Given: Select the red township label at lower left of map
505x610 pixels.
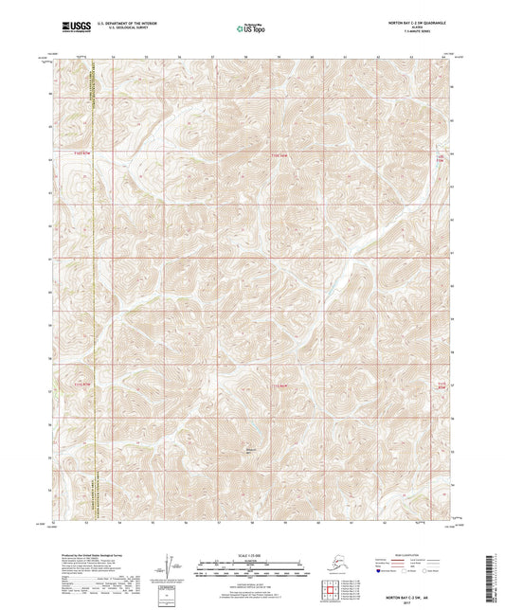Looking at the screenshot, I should pyautogui.click(x=83, y=384).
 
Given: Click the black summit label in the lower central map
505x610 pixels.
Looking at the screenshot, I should pyautogui.click(x=251, y=451).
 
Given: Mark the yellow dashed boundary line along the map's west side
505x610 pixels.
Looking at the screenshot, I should pyautogui.click(x=96, y=284).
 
